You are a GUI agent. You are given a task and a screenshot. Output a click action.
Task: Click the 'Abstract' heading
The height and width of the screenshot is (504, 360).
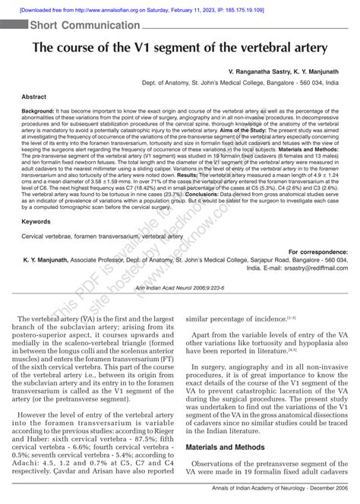34,97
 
